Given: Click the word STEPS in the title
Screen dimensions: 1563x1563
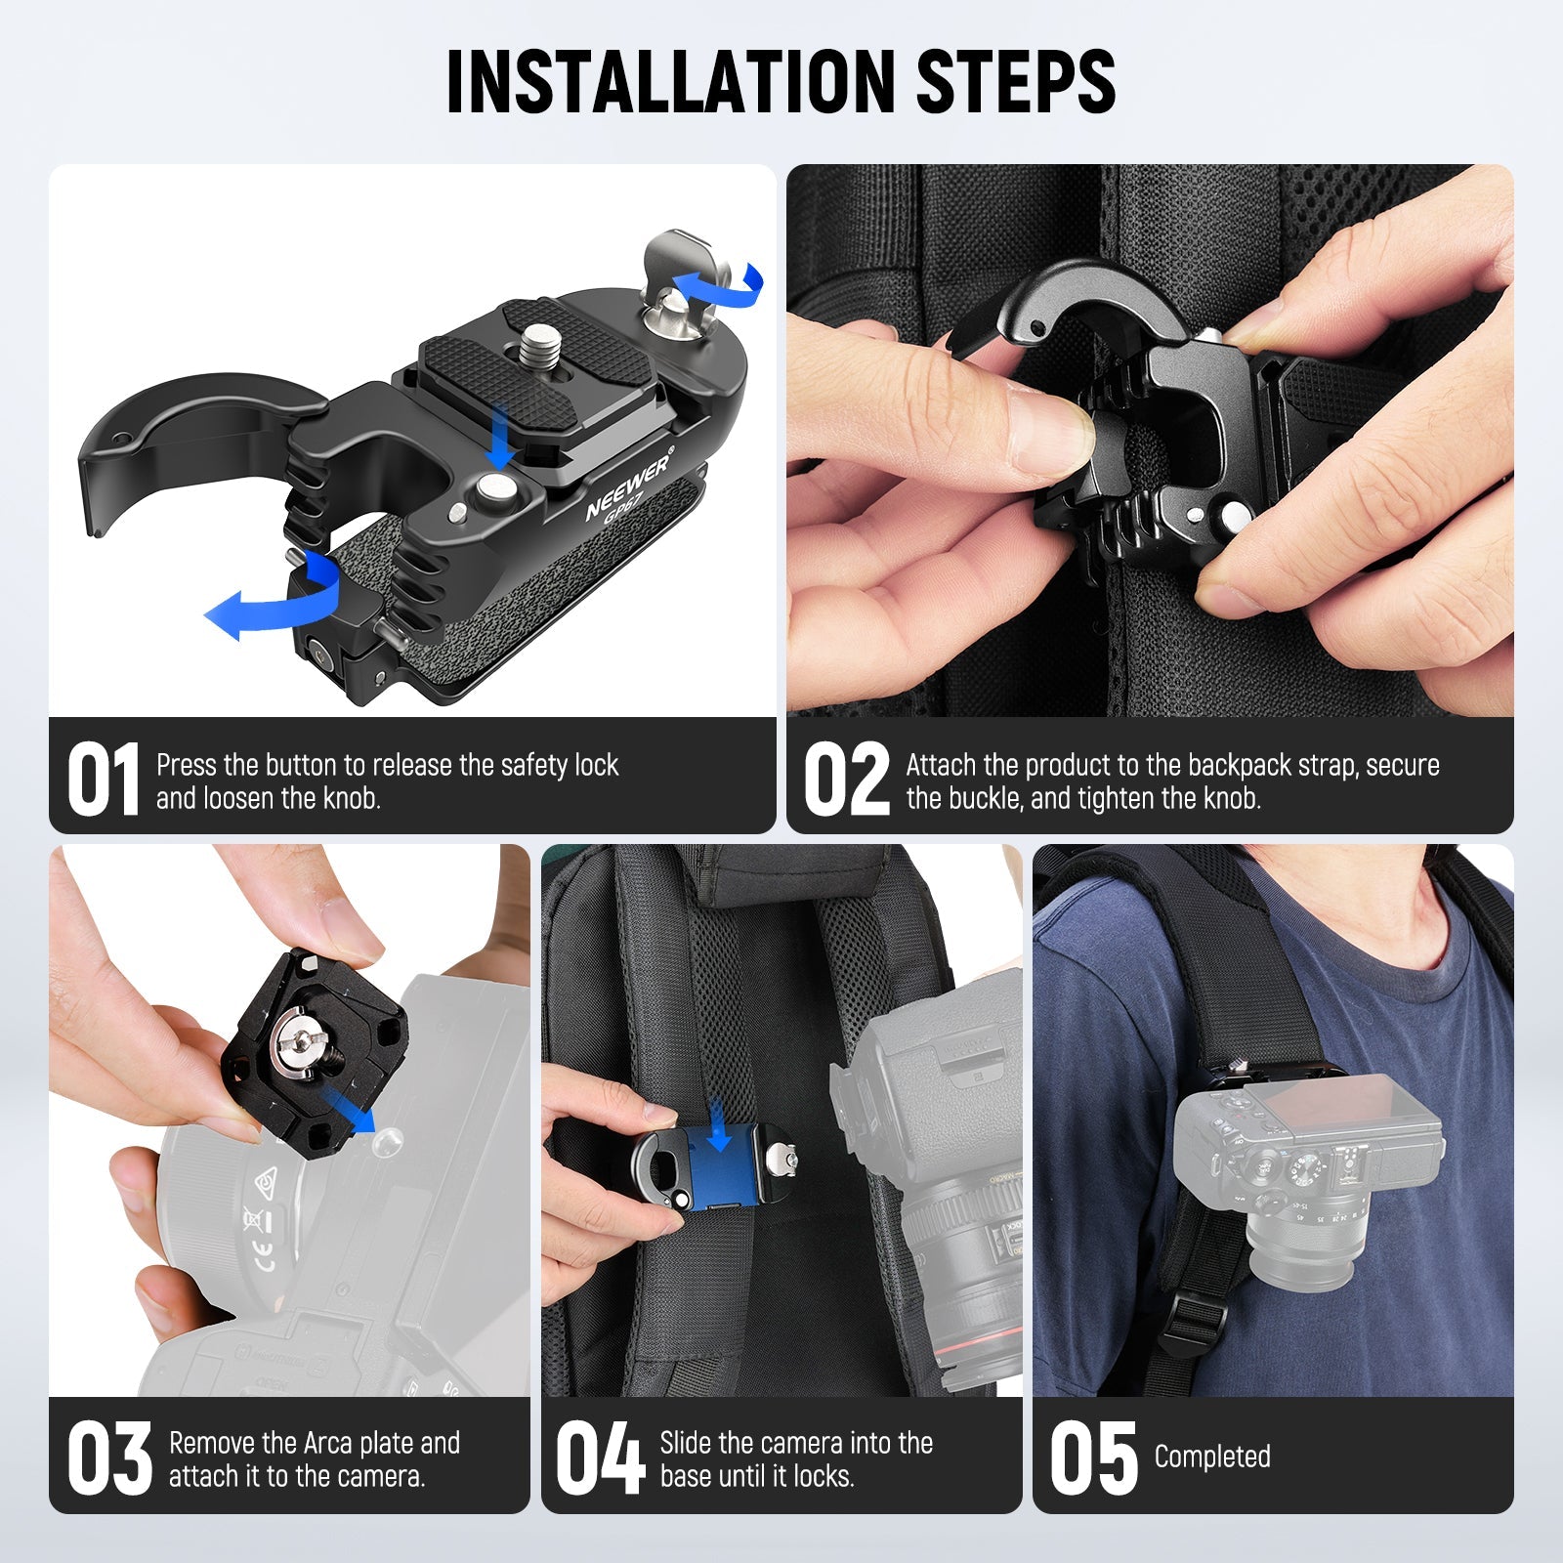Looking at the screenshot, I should [x=1015, y=82].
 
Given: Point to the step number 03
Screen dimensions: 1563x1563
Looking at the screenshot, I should [x=109, y=1458].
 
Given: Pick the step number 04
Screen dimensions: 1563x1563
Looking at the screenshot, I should [x=600, y=1458].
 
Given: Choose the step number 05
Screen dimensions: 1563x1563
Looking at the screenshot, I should [x=1093, y=1458].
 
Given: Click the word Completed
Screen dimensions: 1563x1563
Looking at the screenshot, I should [x=1212, y=1457].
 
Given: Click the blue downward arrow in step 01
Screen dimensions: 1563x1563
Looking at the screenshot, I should [x=501, y=436].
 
